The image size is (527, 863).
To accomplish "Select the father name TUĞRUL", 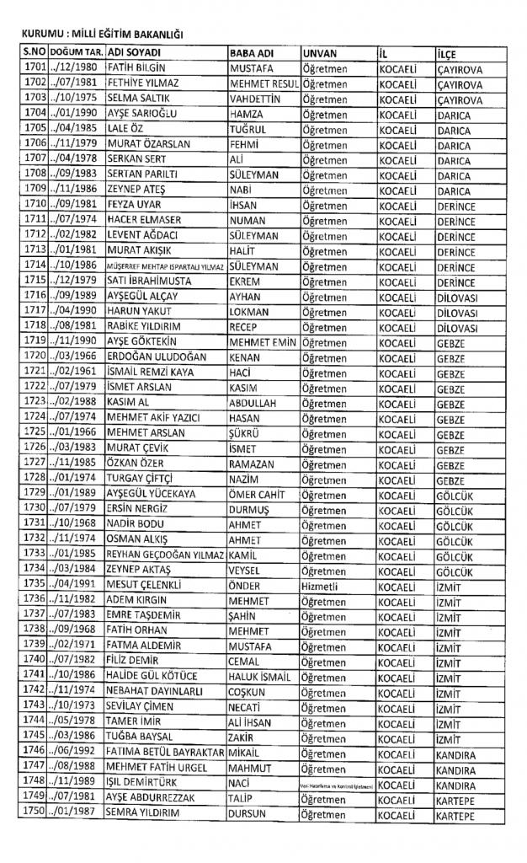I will pos(248,129).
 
